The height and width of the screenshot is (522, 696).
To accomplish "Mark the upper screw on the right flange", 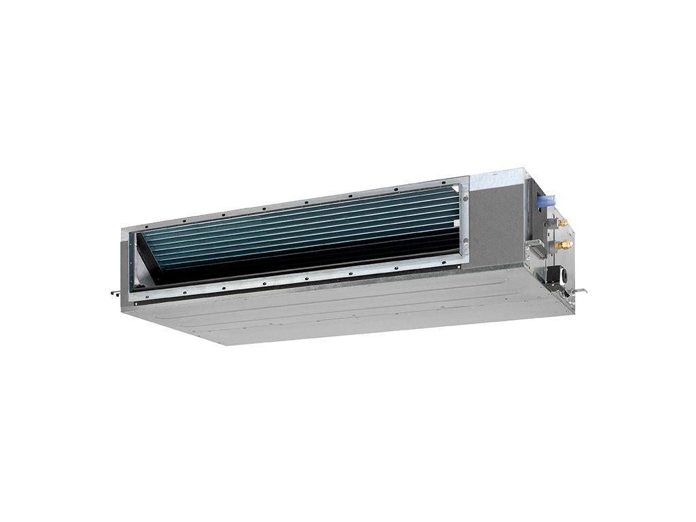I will pos(466,198).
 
